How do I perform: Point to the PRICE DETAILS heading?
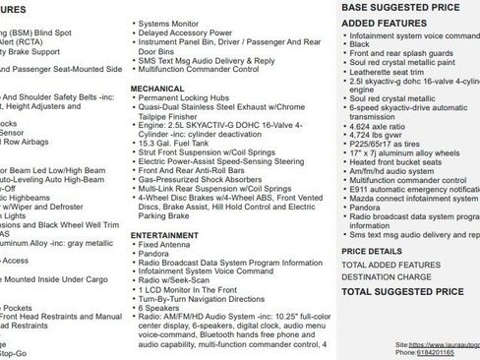[373, 251]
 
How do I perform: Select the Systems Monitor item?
[170, 22]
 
